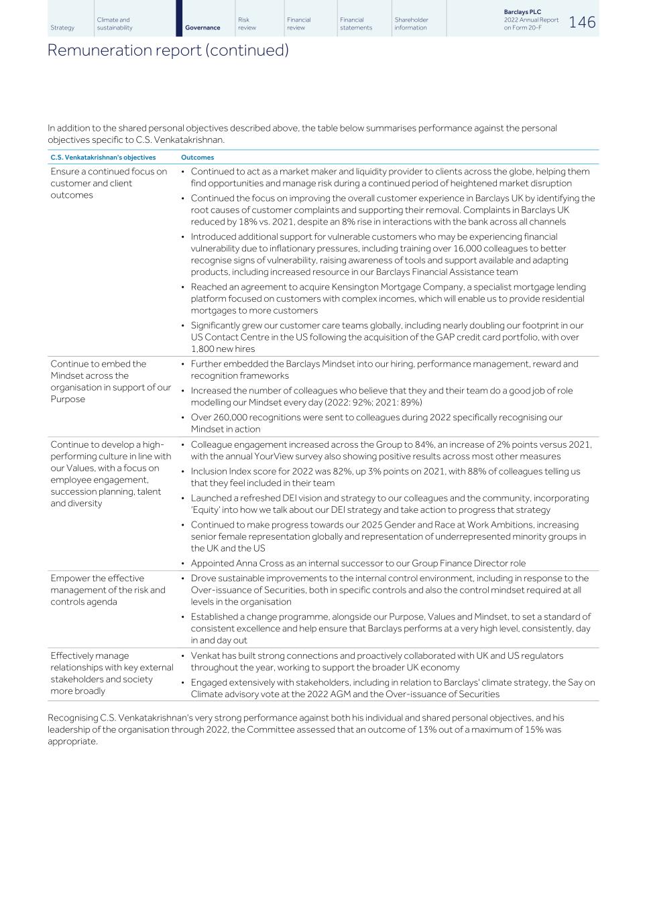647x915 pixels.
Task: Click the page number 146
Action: [x=581, y=22]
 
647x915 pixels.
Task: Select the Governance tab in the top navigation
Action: [x=202, y=27]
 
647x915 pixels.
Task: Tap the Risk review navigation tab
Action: [x=247, y=23]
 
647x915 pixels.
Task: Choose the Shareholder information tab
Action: [x=411, y=23]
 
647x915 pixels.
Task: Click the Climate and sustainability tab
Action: [x=114, y=23]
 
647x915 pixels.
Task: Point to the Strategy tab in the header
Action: [x=62, y=27]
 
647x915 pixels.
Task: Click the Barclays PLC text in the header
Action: [x=522, y=12]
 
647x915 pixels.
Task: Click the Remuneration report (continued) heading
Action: [x=168, y=50]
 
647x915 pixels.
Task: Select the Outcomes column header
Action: [x=197, y=158]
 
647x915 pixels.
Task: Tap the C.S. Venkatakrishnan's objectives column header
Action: [x=103, y=158]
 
